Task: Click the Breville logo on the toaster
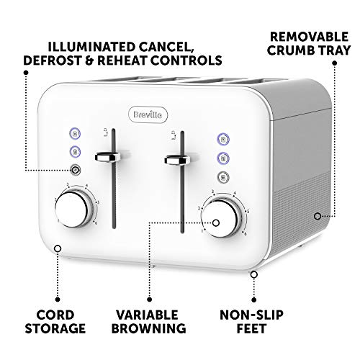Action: click(148, 114)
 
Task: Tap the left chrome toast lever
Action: click(107, 157)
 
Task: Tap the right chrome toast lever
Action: click(177, 160)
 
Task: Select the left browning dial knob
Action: click(71, 209)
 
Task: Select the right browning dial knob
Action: click(220, 218)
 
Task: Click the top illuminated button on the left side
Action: click(75, 133)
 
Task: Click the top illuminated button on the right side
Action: click(223, 139)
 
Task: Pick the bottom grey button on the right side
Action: click(223, 177)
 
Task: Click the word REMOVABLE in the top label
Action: click(309, 37)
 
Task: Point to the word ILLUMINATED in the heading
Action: click(91, 47)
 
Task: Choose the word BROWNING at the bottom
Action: click(149, 328)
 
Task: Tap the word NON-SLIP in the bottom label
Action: click(251, 315)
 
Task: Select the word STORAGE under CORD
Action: click(55, 328)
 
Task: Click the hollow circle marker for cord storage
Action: click(58, 248)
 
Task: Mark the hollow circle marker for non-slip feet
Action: click(254, 274)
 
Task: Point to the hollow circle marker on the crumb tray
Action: click(318, 216)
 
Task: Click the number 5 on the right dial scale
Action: click(248, 212)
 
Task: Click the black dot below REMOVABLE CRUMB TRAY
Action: click(334, 63)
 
